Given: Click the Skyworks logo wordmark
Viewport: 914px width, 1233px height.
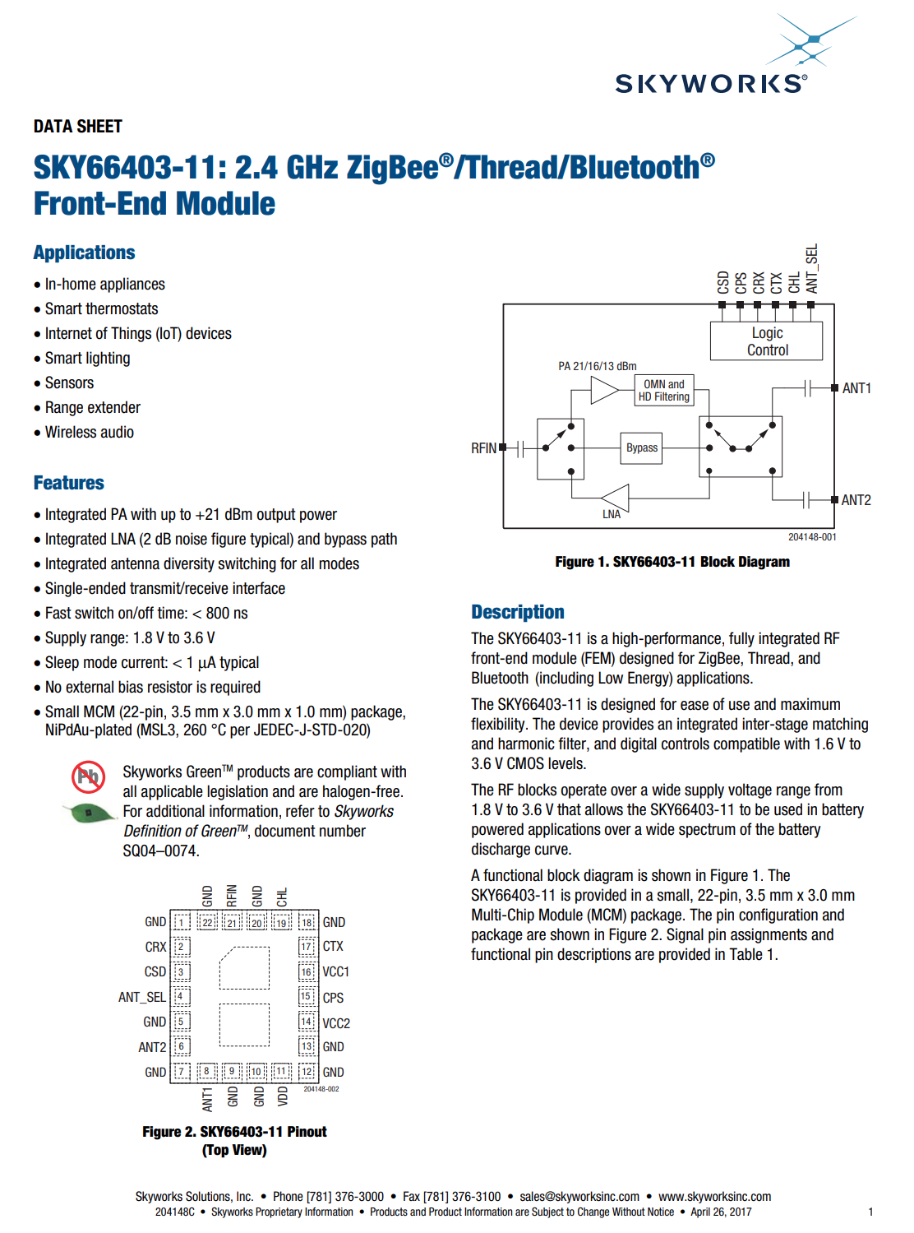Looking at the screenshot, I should click(710, 83).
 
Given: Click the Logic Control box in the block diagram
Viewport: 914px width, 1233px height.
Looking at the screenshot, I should click(766, 341).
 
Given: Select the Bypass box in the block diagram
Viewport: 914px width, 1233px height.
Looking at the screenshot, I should click(641, 448).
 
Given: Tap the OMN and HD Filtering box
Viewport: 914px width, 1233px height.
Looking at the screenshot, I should click(664, 391).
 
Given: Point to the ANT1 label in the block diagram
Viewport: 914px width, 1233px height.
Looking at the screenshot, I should click(856, 388).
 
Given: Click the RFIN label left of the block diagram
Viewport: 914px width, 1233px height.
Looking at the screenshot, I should click(483, 448).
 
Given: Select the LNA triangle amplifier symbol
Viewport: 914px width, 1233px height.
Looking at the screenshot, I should click(616, 498).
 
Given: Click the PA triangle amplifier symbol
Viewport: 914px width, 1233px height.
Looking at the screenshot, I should click(603, 390).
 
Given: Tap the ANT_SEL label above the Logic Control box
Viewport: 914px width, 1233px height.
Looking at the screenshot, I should click(812, 269).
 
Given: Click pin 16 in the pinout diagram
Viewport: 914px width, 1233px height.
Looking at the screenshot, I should click(307, 971).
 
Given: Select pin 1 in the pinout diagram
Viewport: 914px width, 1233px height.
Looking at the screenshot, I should click(182, 922).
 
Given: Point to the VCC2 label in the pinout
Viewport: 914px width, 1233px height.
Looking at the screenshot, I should click(336, 1023).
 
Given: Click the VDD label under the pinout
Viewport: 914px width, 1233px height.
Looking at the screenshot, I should click(283, 1096).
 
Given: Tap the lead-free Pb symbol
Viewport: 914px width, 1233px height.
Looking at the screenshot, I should click(88, 776).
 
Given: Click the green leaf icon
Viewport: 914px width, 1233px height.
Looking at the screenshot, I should click(90, 813).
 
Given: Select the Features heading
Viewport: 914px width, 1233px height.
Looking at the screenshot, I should click(69, 483).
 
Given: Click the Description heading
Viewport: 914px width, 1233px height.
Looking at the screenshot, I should click(518, 612).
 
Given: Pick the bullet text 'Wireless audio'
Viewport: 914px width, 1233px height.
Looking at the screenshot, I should click(90, 433).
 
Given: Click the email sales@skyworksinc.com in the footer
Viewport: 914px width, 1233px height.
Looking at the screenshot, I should click(579, 1197).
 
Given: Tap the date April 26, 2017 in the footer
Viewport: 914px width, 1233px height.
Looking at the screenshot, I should click(721, 1212).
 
